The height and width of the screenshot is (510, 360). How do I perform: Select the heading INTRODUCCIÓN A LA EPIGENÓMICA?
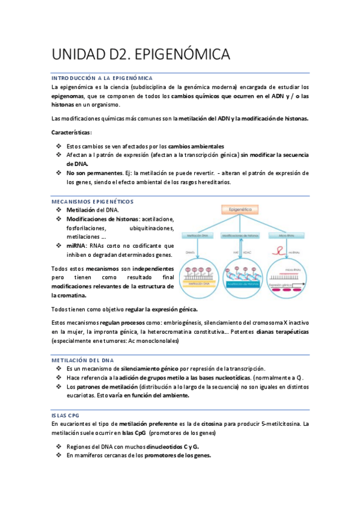(102, 78)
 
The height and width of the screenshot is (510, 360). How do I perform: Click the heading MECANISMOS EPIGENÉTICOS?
(93, 201)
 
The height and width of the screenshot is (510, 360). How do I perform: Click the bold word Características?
(71, 132)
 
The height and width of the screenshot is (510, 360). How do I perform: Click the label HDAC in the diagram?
(247, 252)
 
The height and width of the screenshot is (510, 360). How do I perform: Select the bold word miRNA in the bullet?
(76, 245)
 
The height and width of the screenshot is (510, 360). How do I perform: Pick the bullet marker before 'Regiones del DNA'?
(58, 446)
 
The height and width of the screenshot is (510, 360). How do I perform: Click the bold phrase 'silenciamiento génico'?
(150, 368)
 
